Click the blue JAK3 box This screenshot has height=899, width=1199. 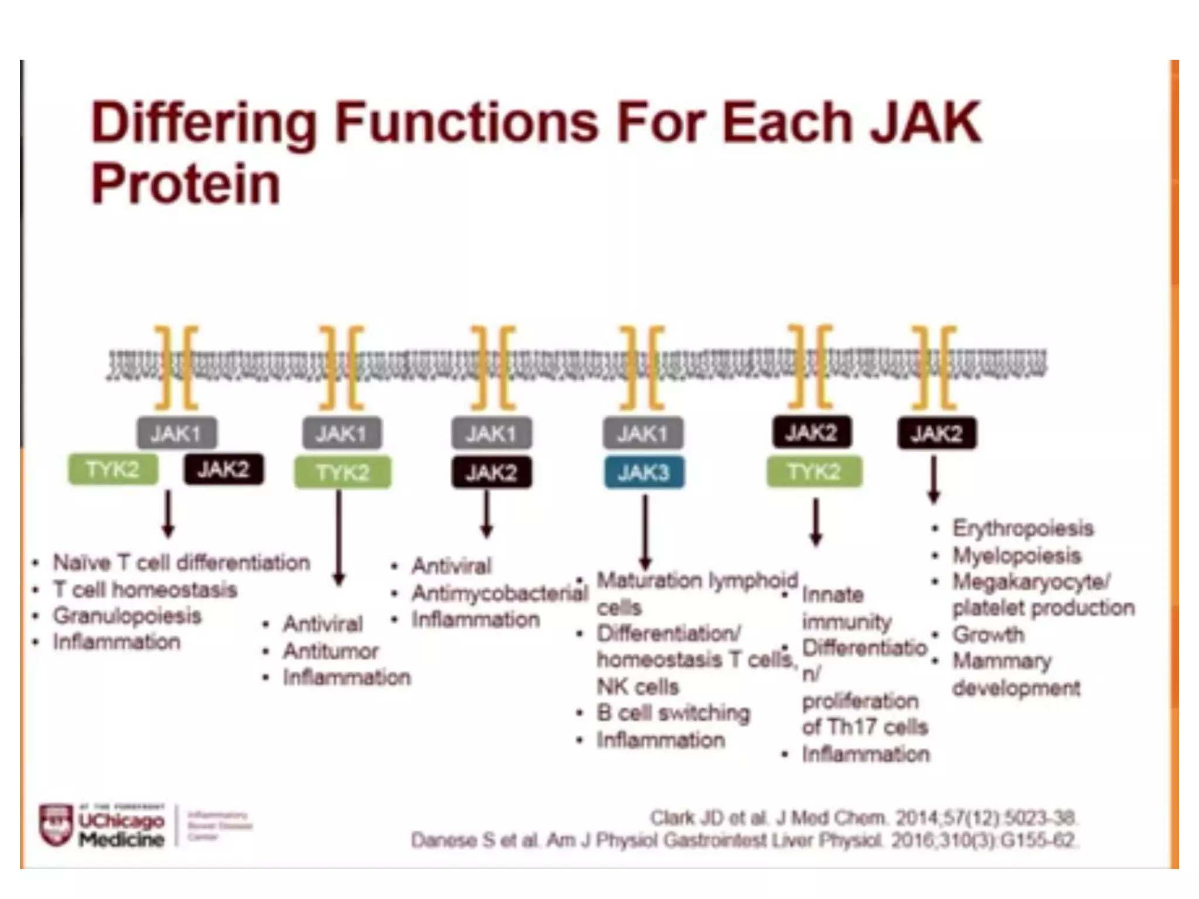coord(643,472)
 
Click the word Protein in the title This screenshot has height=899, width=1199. coord(186,184)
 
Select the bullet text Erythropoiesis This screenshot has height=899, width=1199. coord(1023,528)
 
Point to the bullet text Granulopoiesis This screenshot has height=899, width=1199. coord(127,616)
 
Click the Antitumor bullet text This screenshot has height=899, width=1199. coord(331,651)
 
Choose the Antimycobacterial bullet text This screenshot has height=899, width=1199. coord(499,593)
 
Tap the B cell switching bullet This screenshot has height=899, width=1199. coord(673,713)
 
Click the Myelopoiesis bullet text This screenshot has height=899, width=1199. coord(1017,555)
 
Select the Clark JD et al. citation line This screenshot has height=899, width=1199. coord(864,817)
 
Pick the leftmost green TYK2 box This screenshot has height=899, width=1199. coord(113,469)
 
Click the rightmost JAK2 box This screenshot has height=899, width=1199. coord(937,434)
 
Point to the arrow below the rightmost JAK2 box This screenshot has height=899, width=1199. coord(934,480)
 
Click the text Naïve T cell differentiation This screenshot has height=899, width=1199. coord(181,562)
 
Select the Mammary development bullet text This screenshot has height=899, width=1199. coord(1016,674)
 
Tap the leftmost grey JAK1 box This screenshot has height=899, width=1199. coord(177,433)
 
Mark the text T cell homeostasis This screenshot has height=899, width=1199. coord(145,589)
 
